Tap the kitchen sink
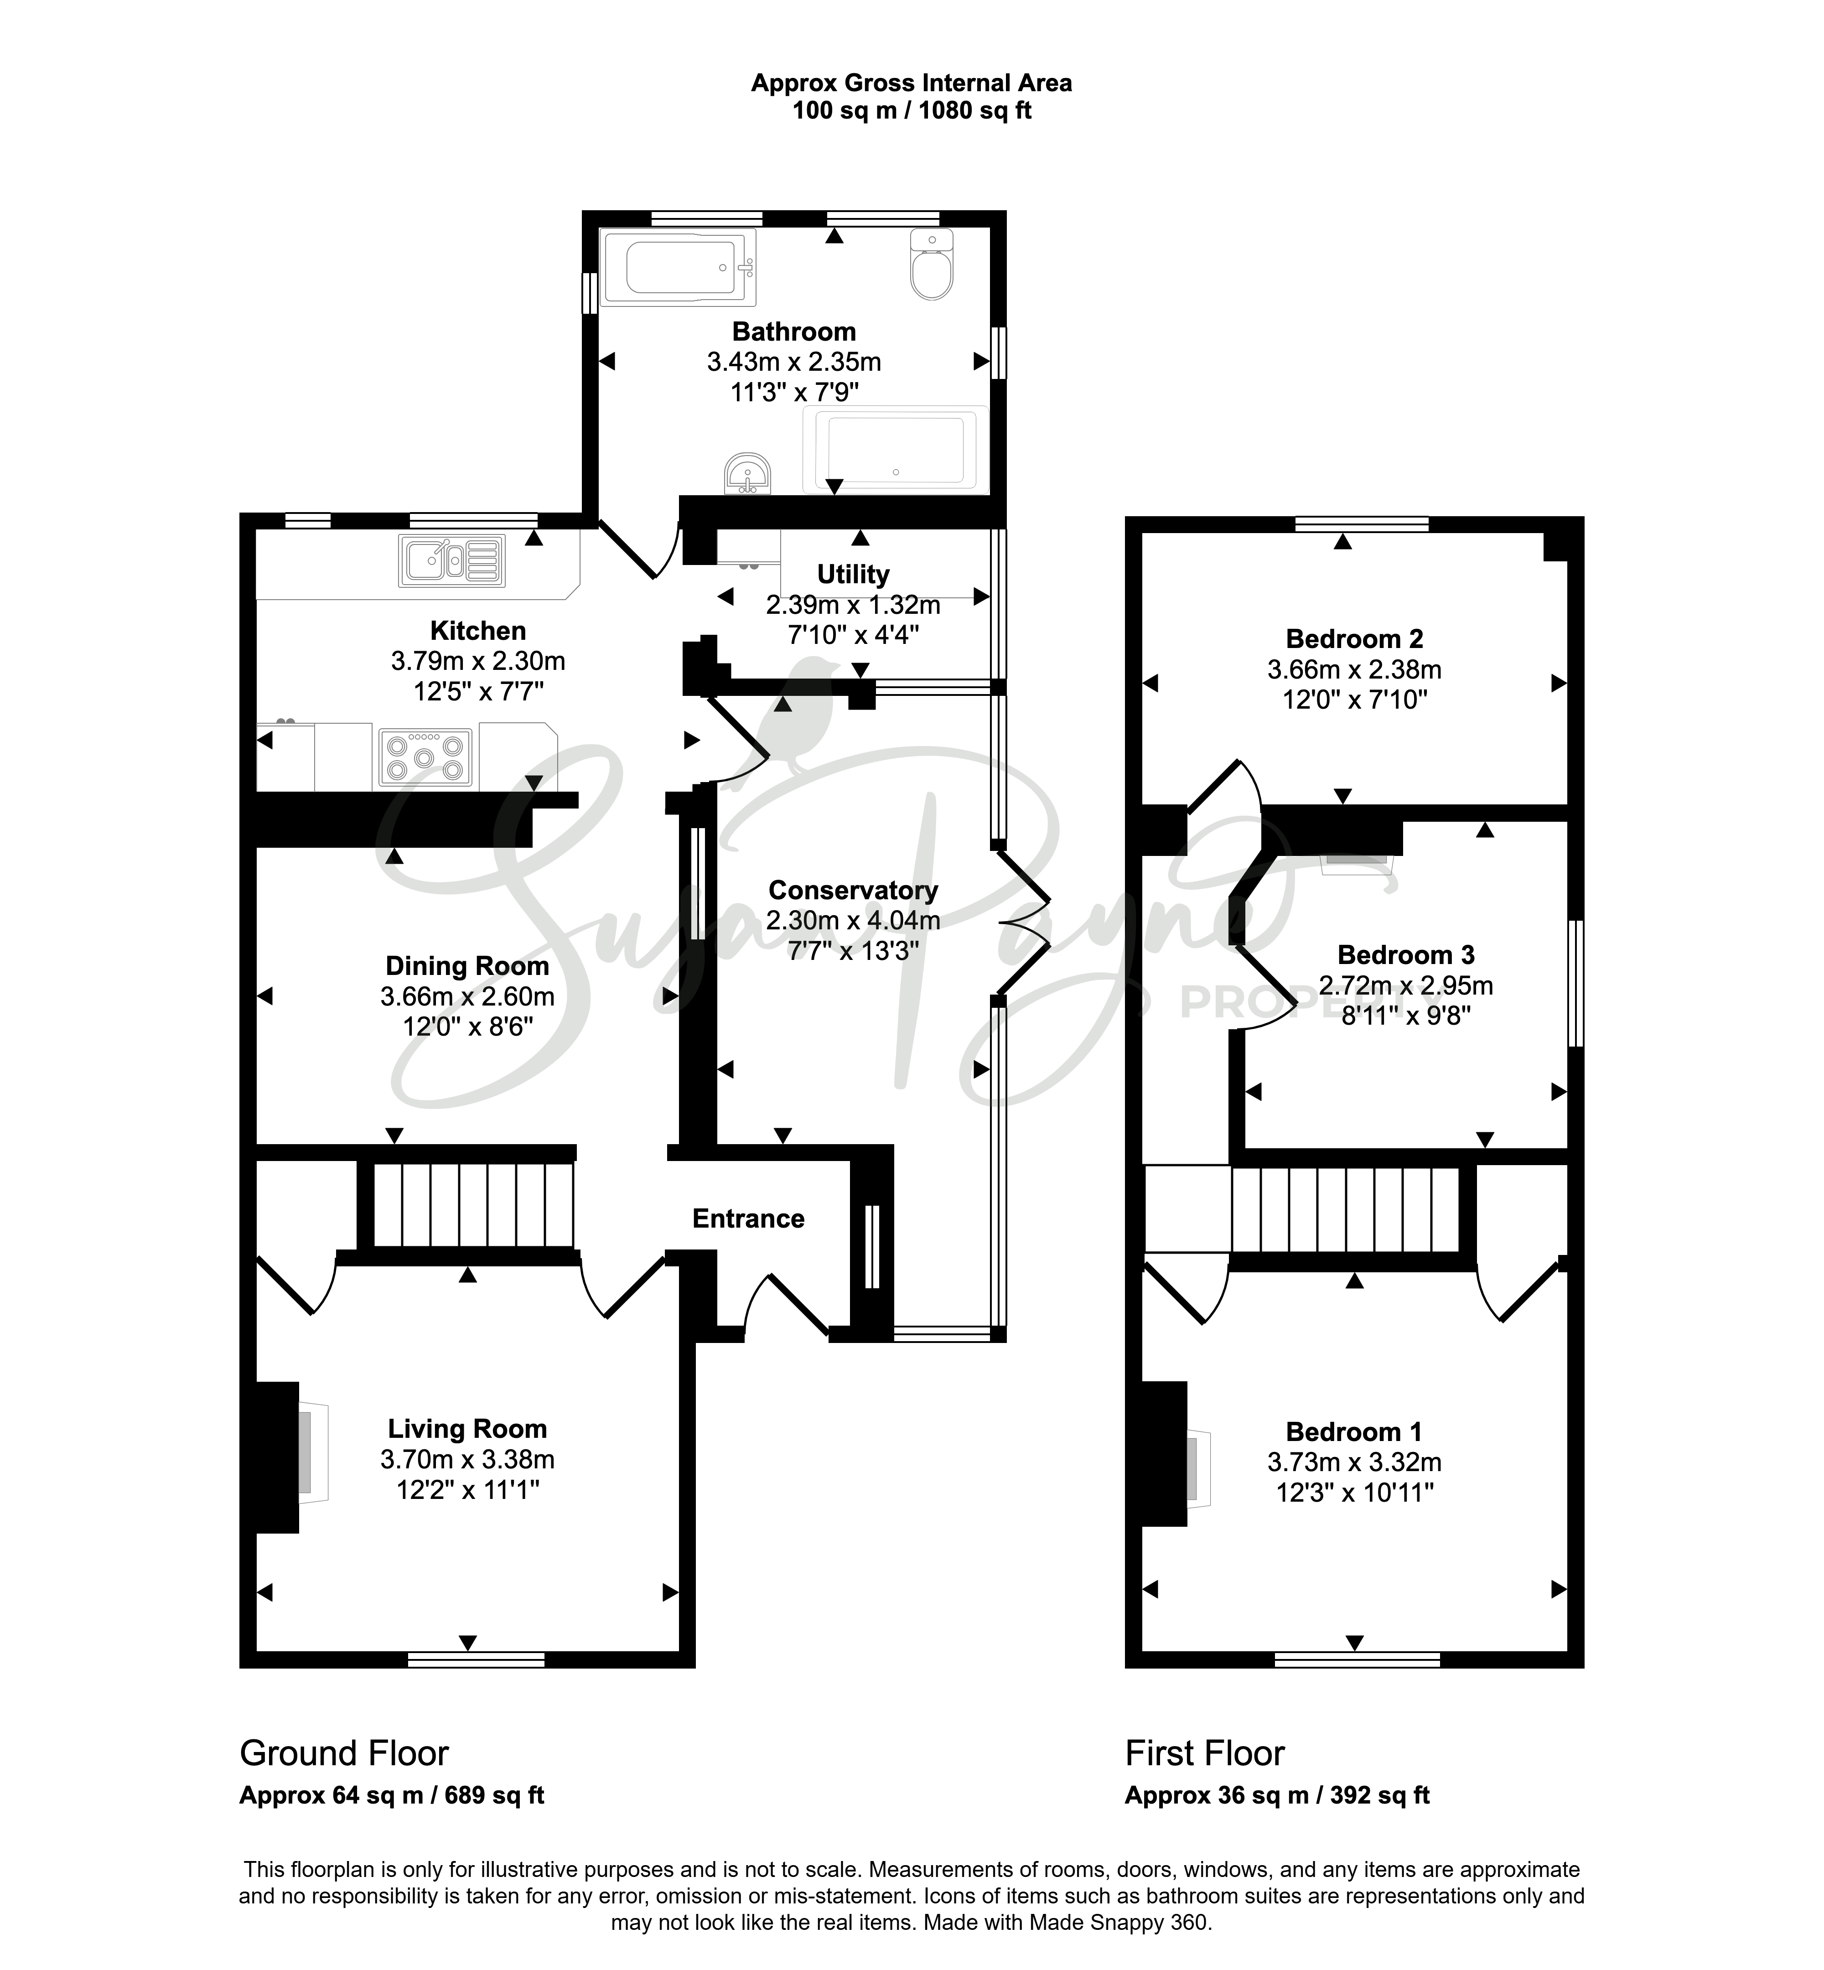coord(452,560)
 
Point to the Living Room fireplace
coord(288,1457)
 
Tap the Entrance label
coord(748,1219)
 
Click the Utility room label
coord(853,575)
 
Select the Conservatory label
coord(853,890)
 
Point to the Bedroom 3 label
coord(1405,954)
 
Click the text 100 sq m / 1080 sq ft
coord(912,110)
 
